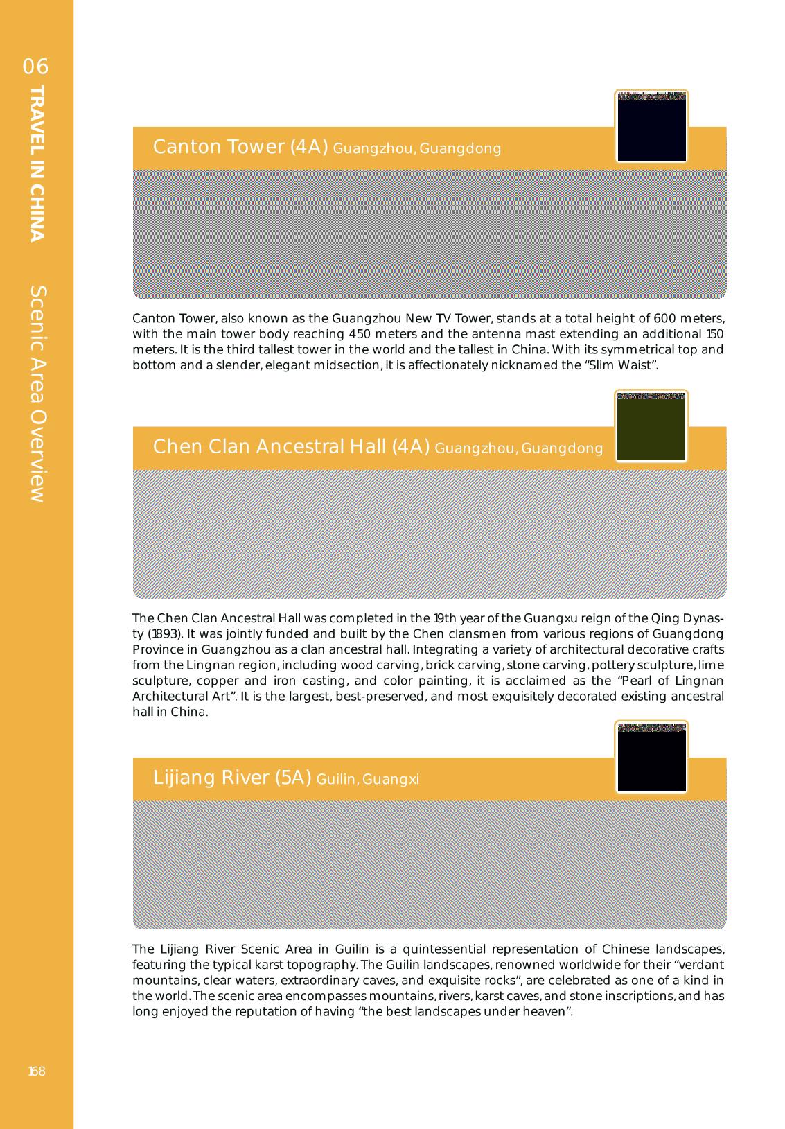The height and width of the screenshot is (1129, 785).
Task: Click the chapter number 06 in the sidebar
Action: pos(36,67)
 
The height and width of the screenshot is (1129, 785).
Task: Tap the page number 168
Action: pos(37,1071)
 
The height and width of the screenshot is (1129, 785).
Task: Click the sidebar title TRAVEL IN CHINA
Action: pos(37,163)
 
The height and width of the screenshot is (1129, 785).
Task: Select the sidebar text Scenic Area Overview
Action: pos(37,394)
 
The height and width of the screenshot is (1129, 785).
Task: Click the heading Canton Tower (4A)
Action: pos(240,147)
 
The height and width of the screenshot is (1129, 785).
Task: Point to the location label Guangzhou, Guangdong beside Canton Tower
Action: pos(417,148)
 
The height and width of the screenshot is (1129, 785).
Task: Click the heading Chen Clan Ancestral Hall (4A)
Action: pos(291,447)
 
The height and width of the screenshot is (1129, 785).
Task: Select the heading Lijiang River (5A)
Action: pos(231,778)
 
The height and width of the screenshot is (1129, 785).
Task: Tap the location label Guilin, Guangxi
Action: pos(367,780)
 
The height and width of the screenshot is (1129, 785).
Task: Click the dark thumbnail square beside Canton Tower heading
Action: pos(651,126)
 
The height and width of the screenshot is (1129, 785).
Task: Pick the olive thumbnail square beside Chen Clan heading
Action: pos(651,426)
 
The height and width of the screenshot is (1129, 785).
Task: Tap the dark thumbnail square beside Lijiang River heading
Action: pos(651,757)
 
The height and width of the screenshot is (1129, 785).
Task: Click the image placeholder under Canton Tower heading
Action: pos(430,234)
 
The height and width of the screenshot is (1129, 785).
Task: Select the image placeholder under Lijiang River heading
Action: pos(430,864)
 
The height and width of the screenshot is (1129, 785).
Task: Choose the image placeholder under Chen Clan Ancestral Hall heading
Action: pos(430,534)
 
